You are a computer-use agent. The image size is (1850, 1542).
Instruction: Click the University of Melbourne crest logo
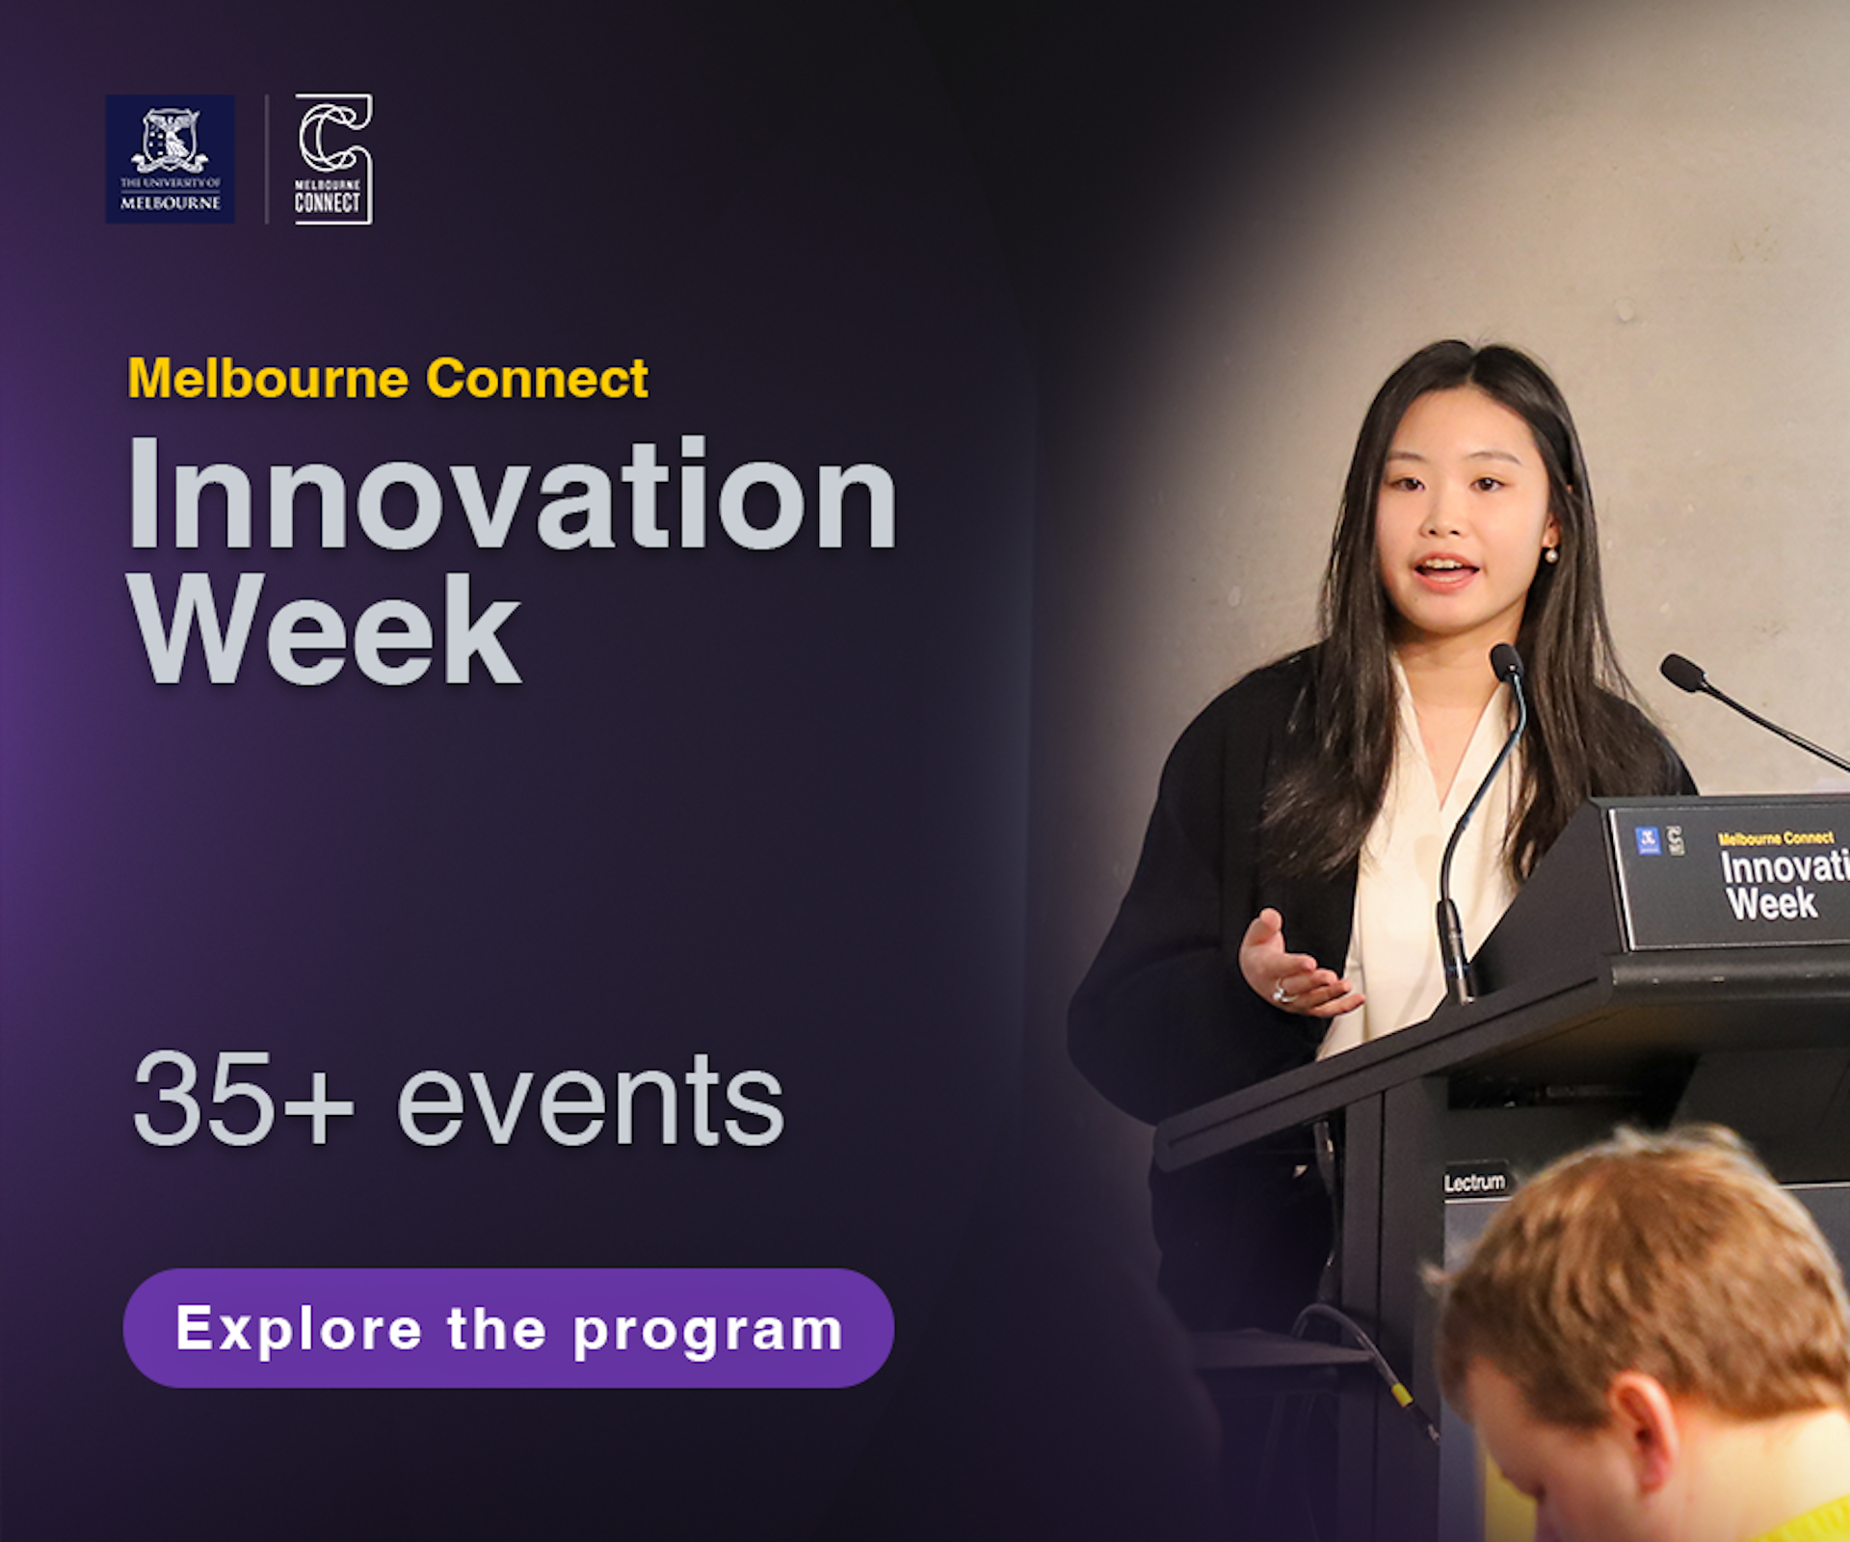tap(170, 159)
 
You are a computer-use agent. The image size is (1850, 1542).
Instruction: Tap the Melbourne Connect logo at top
tap(333, 159)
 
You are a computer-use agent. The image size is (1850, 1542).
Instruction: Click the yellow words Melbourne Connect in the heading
tap(387, 378)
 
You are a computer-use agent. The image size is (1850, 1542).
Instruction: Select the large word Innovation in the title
tap(513, 494)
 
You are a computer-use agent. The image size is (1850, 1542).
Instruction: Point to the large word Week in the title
tap(325, 628)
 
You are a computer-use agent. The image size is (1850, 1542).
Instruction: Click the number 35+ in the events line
tap(243, 1100)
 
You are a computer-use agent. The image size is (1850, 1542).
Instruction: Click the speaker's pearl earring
tap(1550, 554)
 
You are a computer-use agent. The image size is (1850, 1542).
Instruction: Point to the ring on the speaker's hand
tap(1281, 991)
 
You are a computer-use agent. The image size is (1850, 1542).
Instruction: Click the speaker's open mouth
tap(1445, 572)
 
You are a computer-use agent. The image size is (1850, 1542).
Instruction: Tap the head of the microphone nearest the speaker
tap(1505, 661)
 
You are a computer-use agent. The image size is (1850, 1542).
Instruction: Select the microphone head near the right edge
tap(1683, 672)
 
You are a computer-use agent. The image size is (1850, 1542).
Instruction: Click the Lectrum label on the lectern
tap(1474, 1182)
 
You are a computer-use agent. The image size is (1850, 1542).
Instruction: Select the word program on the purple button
tap(708, 1332)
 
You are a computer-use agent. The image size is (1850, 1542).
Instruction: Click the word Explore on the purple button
tap(299, 1330)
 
